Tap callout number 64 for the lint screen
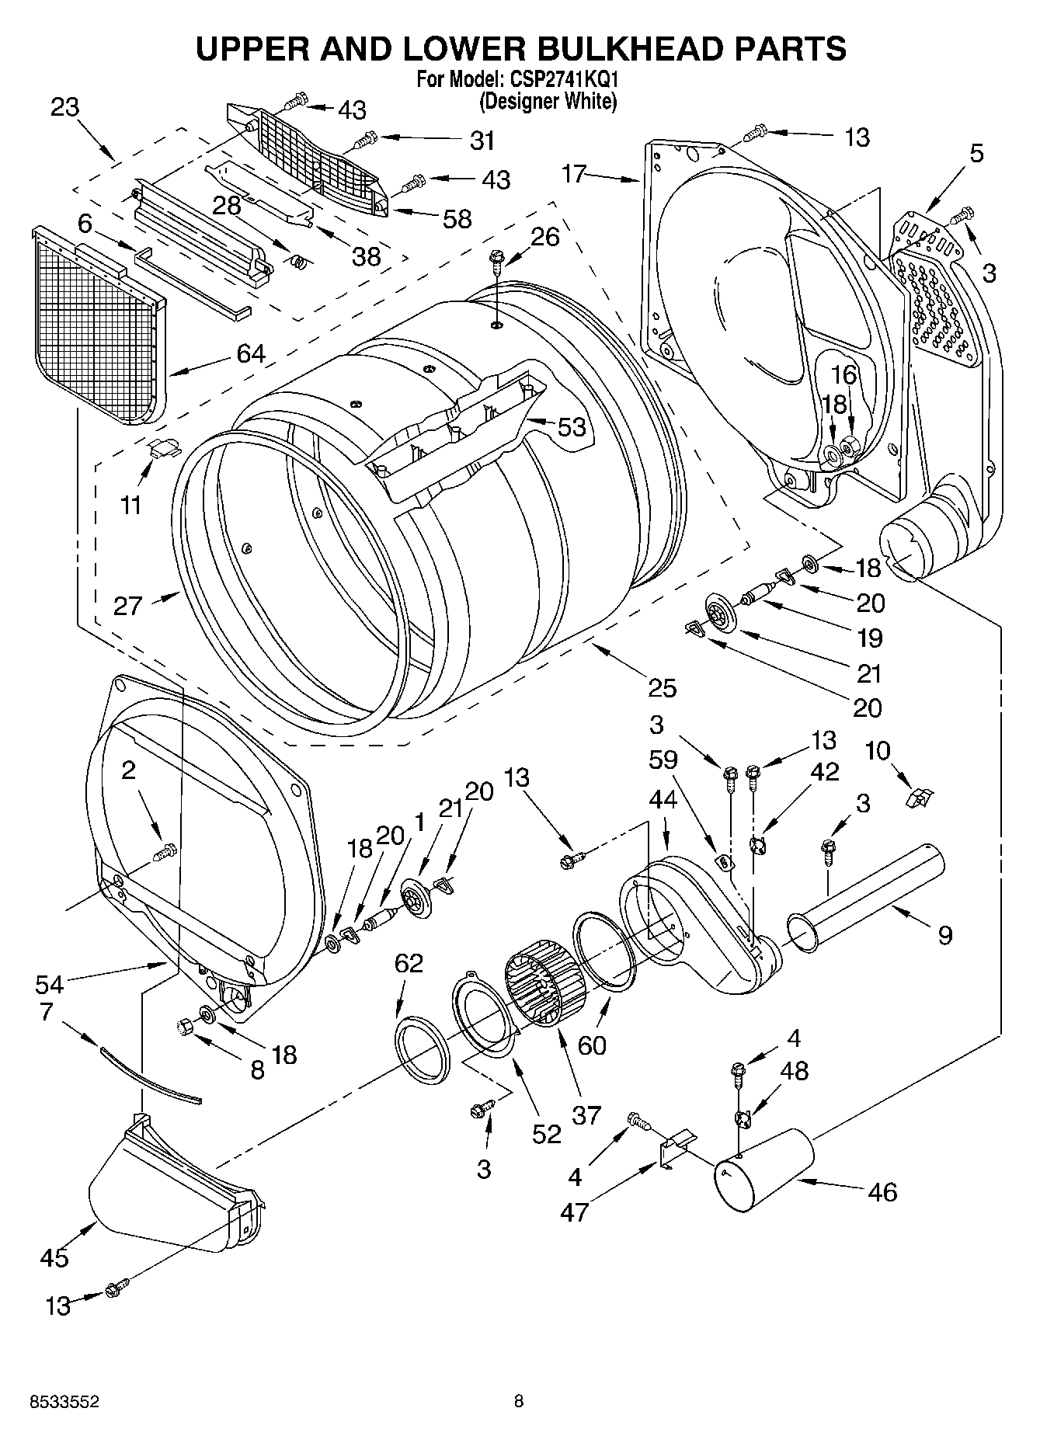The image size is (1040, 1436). pyautogui.click(x=250, y=353)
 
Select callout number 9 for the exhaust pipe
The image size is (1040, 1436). pyautogui.click(x=944, y=934)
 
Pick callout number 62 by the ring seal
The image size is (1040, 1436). pyautogui.click(x=409, y=964)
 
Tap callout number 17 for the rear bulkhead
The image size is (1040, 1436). pyautogui.click(x=575, y=174)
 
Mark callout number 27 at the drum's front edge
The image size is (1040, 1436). pyautogui.click(x=128, y=605)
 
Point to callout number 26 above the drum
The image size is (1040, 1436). pyautogui.click(x=544, y=237)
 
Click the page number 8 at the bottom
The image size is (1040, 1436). pyautogui.click(x=519, y=1402)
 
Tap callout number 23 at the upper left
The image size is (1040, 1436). pyautogui.click(x=66, y=107)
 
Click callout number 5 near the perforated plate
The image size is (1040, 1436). pyautogui.click(x=976, y=153)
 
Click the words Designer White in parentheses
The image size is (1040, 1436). pyautogui.click(x=548, y=101)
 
